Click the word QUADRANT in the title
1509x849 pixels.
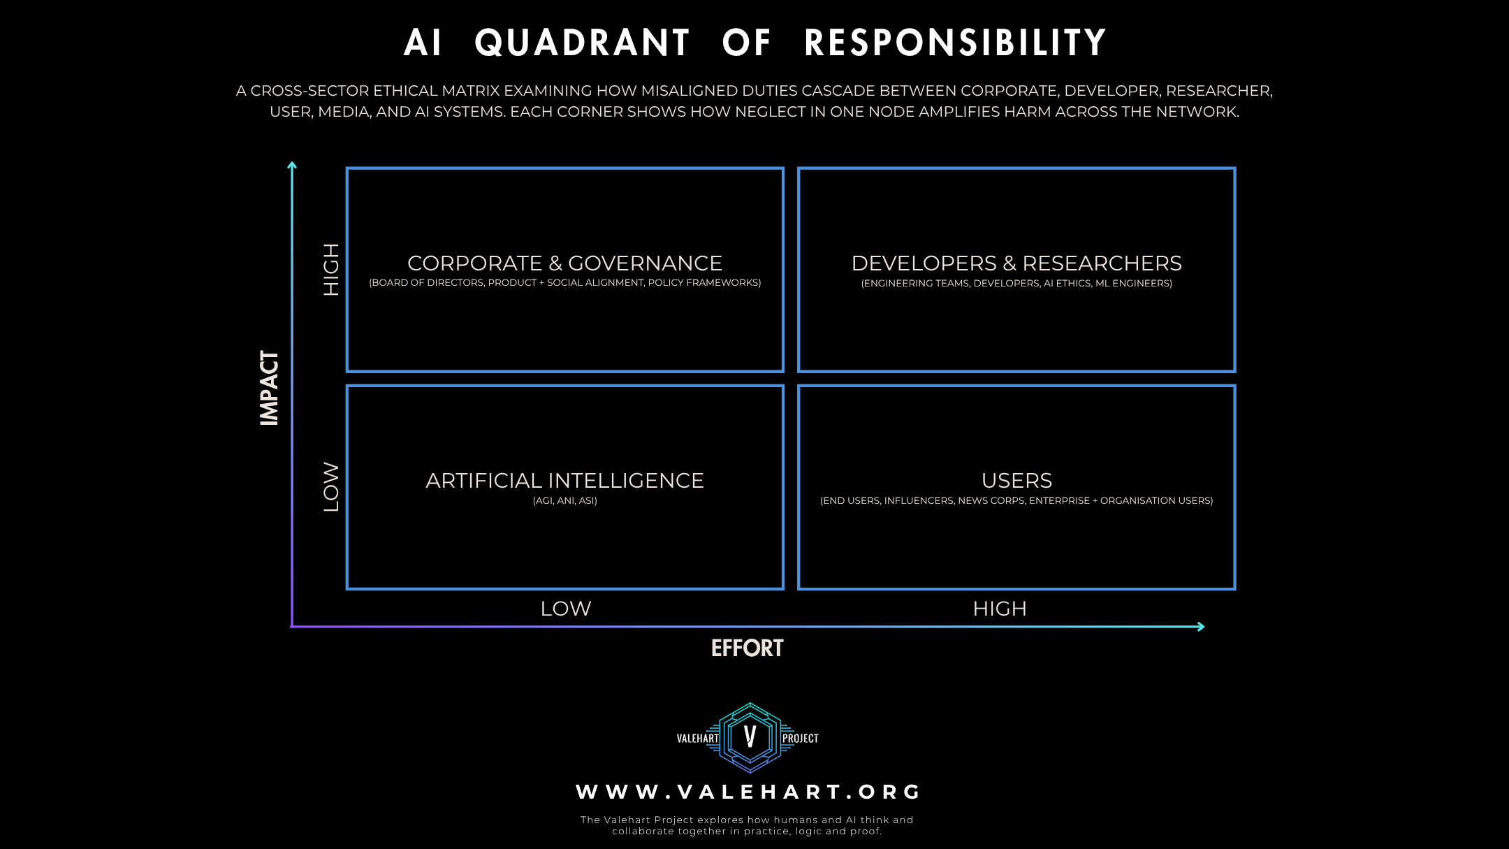point(582,43)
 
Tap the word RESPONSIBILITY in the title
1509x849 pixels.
point(955,43)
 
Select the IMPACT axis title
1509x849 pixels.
point(269,388)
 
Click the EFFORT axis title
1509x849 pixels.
point(747,648)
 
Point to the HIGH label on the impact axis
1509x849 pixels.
point(330,270)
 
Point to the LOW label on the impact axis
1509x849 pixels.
point(330,486)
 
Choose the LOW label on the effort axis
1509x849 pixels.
point(566,609)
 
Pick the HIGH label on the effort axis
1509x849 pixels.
point(1000,609)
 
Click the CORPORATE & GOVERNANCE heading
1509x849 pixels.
point(564,263)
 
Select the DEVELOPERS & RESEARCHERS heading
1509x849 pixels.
point(1016,263)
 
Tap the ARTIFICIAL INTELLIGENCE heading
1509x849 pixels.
point(564,481)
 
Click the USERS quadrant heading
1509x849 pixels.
point(1016,481)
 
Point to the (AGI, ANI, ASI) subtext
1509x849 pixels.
point(564,500)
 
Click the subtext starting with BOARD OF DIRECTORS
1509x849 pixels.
point(564,283)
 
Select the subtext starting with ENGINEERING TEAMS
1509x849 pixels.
point(1016,283)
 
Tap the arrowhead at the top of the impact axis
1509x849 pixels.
point(292,166)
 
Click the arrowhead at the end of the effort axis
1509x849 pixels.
point(1200,626)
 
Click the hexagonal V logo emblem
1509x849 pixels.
point(750,737)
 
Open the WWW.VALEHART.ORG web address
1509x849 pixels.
point(748,792)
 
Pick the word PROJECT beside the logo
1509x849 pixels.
point(800,739)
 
